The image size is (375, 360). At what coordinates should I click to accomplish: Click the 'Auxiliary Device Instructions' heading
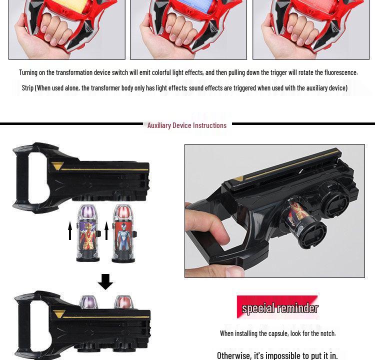[186, 125]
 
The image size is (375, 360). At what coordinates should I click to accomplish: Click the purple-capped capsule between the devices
[88, 232]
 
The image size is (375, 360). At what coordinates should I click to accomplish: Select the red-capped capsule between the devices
[122, 232]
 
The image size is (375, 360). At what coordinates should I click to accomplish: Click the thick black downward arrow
[105, 281]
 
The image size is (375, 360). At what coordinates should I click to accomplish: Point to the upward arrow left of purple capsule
[70, 230]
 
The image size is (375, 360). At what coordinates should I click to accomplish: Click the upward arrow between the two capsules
[106, 230]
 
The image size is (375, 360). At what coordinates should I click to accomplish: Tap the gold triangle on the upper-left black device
[58, 166]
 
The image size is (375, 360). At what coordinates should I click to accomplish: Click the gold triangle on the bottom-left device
[59, 314]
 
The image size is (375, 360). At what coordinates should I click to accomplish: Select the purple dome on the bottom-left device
[89, 302]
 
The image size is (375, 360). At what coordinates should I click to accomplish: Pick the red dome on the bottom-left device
[122, 302]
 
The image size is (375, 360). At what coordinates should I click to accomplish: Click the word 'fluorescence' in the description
[340, 72]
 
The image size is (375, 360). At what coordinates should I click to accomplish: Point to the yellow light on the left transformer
[68, 6]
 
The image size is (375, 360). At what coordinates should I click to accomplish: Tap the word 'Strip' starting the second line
[27, 88]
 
